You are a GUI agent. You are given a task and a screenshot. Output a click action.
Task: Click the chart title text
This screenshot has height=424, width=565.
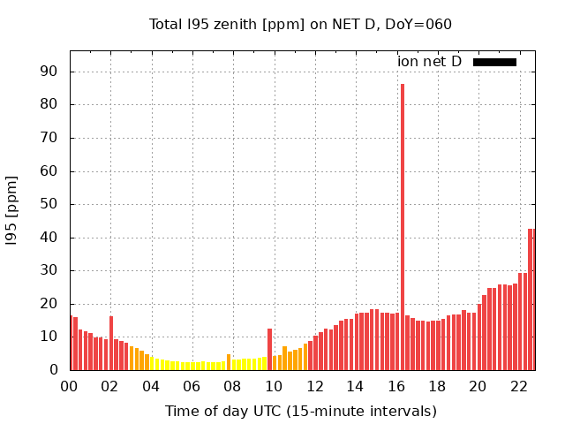(x=300, y=24)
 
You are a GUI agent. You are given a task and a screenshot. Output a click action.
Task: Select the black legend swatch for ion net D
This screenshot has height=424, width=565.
(x=494, y=62)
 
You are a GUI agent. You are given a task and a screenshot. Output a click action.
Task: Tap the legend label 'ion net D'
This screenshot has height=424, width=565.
(x=429, y=62)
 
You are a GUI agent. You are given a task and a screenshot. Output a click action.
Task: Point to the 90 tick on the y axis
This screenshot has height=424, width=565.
(x=55, y=72)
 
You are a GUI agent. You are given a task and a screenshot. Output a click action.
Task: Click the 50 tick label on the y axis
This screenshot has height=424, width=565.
(x=55, y=204)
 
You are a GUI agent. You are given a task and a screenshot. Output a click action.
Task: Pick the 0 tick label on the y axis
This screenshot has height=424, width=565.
(x=58, y=370)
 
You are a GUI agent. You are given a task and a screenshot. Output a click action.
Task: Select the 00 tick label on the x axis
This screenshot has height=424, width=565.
(x=69, y=386)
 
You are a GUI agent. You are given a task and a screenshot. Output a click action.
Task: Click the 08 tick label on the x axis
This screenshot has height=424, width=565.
(x=232, y=386)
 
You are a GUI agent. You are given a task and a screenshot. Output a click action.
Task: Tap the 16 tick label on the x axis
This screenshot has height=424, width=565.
(x=395, y=386)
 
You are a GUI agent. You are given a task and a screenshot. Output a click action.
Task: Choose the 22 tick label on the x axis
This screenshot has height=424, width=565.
(x=518, y=386)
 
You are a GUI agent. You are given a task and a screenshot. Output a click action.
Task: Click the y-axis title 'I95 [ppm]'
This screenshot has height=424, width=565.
(x=12, y=209)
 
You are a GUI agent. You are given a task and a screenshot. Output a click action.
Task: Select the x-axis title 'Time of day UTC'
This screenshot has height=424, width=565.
(x=300, y=411)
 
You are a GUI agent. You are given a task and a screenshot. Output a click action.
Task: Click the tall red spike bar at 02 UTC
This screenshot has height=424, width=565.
(x=111, y=344)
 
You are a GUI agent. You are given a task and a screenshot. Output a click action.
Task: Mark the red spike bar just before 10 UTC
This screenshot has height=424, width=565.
(x=269, y=350)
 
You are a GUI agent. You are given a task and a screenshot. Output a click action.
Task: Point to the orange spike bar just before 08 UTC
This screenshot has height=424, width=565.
(x=229, y=362)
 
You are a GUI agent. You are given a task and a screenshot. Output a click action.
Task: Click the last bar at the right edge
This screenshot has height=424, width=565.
(x=533, y=299)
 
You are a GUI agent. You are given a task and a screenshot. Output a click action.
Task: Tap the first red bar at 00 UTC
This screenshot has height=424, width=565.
(x=71, y=344)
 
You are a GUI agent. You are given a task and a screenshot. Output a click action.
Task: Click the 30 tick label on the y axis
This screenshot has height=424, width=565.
(x=55, y=270)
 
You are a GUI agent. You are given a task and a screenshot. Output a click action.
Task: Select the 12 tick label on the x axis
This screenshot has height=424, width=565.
(x=314, y=386)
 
